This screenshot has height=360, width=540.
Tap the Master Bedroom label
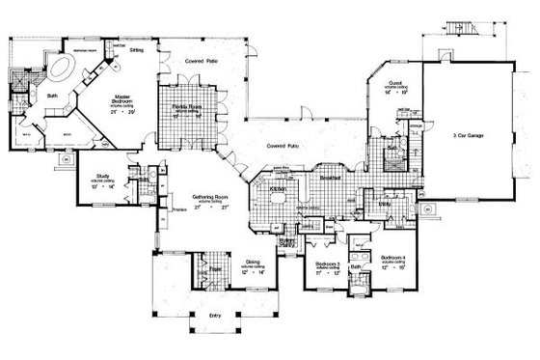pos(121,99)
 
